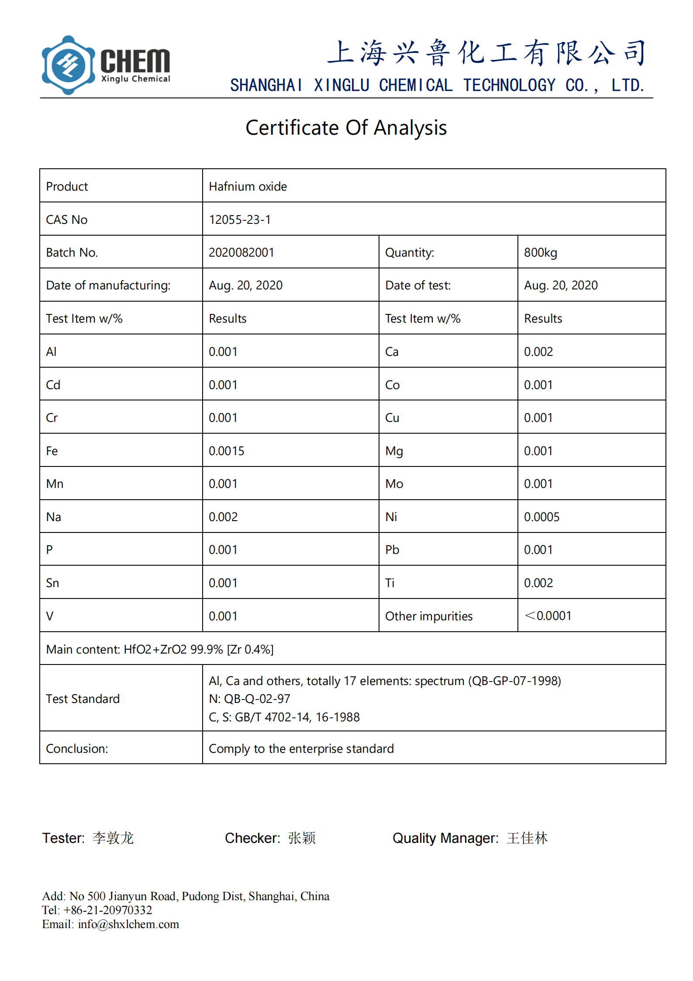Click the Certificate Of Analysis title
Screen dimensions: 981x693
pos(346,128)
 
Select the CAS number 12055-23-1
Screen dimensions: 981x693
pos(240,219)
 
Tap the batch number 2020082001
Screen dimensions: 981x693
pos(241,253)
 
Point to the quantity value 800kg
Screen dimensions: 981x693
pos(540,253)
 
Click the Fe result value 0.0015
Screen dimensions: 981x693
pos(226,451)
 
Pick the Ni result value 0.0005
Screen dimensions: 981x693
pos(541,517)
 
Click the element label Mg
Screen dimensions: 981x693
pos(394,451)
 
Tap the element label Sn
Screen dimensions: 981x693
pos(52,583)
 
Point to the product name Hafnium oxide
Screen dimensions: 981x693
pos(248,187)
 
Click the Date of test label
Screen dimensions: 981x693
pos(417,285)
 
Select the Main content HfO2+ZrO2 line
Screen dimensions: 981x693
pos(160,649)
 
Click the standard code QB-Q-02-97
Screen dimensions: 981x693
pos(257,699)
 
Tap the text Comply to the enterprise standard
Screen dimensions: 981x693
pos(301,748)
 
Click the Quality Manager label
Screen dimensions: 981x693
pos(445,838)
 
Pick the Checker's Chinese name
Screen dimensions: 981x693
pos(302,838)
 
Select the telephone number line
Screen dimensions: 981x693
pos(97,910)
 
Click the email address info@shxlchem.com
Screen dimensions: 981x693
pos(128,924)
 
